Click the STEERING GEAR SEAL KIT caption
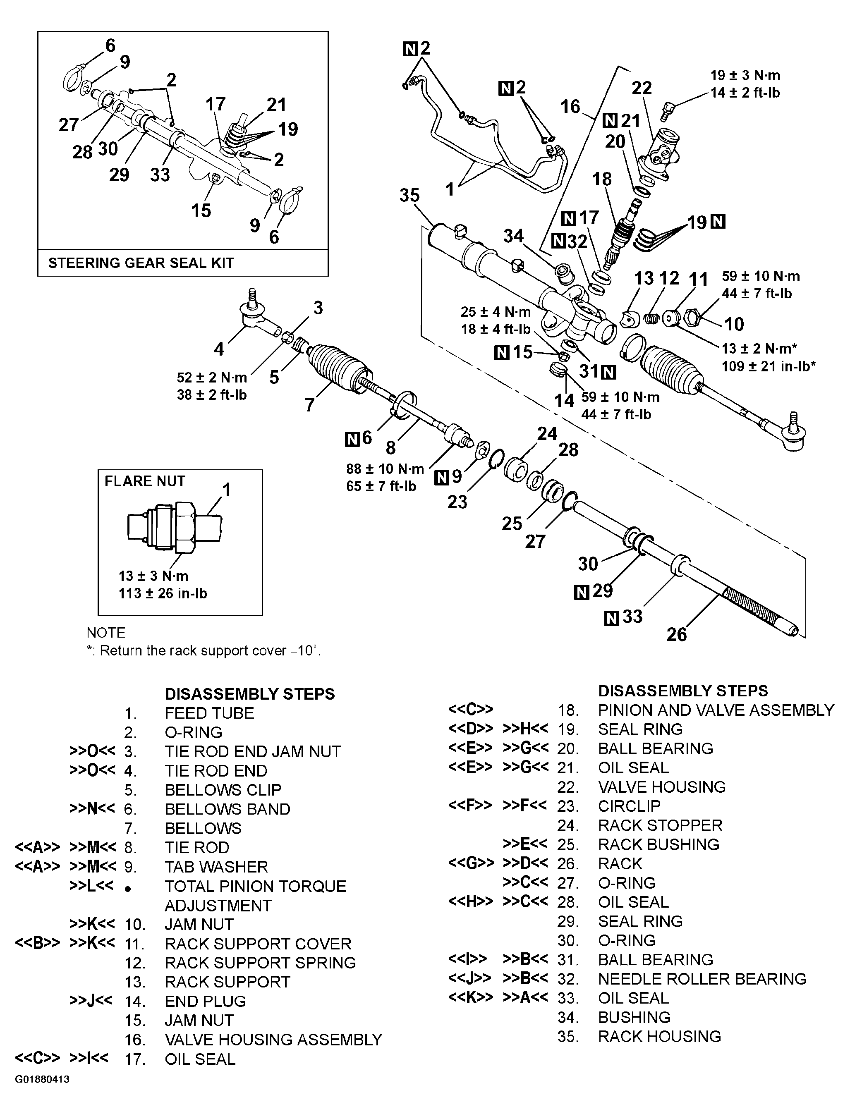click(141, 263)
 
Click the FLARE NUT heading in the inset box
click(145, 481)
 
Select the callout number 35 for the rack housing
click(409, 195)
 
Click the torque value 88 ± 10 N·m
click(385, 469)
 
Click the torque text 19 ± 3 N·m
click(745, 76)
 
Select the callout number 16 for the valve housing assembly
click(570, 107)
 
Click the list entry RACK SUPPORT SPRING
click(260, 963)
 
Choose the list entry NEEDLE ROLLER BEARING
click(702, 979)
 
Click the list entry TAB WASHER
click(216, 867)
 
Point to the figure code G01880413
click(42, 1079)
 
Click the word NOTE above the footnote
click(106, 633)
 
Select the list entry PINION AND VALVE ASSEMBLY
click(716, 710)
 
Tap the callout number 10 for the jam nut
click(734, 324)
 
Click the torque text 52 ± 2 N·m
click(212, 378)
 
